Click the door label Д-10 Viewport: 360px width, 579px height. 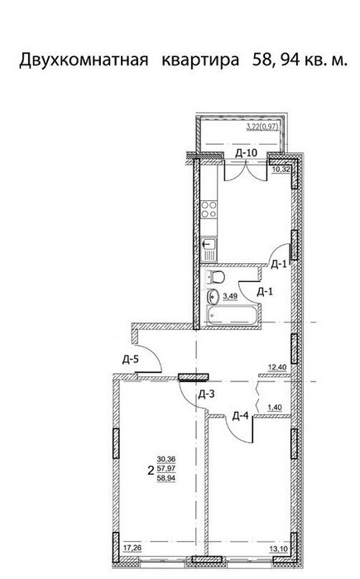pos(246,153)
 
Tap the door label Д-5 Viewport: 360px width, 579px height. pos(131,359)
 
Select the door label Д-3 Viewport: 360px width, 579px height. pos(206,395)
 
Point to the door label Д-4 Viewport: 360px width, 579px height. pos(240,417)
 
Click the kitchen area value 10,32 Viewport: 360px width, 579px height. pos(281,170)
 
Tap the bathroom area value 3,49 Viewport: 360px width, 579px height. pos(230,296)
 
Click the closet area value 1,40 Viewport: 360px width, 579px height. pos(275,408)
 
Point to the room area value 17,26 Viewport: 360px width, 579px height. pos(132,548)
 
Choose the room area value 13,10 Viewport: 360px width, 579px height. pos(279,548)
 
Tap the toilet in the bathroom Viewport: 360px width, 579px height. pos(215,276)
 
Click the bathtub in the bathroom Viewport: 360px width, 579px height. pos(232,316)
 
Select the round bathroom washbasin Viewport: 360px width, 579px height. pos(214,295)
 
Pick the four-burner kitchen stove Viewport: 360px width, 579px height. pos(209,209)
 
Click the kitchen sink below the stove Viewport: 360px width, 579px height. pos(209,250)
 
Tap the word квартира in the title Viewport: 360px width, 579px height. pos(200,60)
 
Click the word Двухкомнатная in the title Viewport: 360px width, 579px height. pos(84,60)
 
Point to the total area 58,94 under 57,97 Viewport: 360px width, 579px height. pos(166,478)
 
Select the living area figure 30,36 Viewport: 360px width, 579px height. pos(166,459)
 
